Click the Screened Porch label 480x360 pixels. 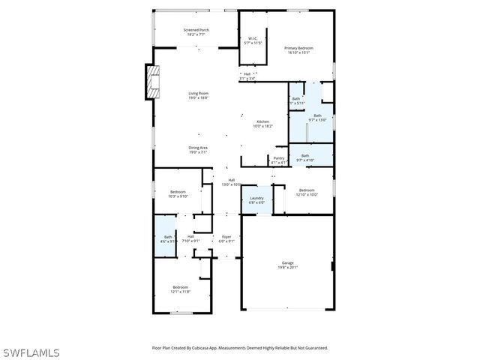[x=196, y=31]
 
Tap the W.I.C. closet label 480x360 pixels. [x=253, y=40]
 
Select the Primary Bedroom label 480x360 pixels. [x=298, y=50]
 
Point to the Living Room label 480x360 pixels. [x=198, y=94]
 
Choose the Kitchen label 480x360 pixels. [x=263, y=123]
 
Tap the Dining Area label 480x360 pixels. [x=198, y=148]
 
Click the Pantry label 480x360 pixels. [x=278, y=159]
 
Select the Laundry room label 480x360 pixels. [x=257, y=199]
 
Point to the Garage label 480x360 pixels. [x=288, y=265]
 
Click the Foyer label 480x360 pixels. [x=226, y=238]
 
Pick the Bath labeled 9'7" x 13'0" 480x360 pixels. [x=317, y=117]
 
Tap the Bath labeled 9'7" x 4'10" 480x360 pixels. [x=305, y=157]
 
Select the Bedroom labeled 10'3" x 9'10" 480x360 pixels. [x=178, y=194]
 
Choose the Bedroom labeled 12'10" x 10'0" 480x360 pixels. [x=307, y=191]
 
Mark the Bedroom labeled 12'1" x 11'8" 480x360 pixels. [x=181, y=289]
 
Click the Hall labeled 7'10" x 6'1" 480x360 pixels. [x=191, y=238]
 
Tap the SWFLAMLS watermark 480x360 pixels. [x=31, y=351]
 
